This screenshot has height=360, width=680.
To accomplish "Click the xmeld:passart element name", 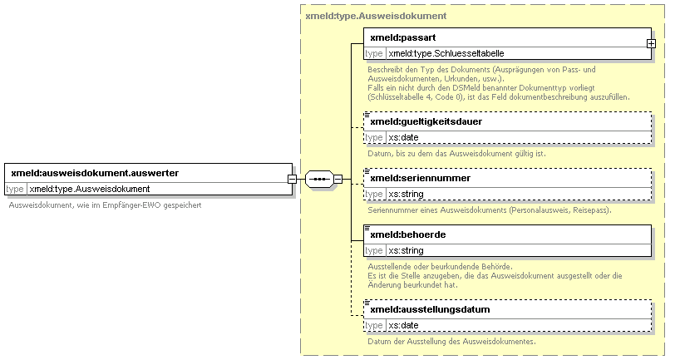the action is (403, 37).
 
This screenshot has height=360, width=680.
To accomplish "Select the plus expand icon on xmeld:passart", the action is (651, 44).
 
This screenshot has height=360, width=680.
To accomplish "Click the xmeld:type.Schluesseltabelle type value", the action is (446, 53).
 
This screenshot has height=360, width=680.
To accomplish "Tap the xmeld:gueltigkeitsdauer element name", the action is (426, 122).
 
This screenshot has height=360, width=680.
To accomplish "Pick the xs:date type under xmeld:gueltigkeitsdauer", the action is (403, 137).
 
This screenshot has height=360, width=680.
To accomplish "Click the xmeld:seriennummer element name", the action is (421, 178).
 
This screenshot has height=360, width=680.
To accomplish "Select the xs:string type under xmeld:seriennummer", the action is (406, 194).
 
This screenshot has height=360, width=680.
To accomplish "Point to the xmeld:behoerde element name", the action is (407, 234).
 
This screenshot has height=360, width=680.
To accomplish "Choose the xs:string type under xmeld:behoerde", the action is (406, 250).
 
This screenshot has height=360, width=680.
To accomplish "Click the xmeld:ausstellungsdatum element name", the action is (430, 309).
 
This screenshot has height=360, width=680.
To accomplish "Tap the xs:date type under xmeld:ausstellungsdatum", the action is (403, 325).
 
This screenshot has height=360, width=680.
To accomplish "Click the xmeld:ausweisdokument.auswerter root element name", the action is (95, 173).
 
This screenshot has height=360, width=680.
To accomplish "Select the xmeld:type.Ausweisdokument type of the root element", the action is (90, 189).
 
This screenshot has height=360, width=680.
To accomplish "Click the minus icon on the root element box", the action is (293, 179).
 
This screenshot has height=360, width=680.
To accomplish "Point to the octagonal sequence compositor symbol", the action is (319, 179).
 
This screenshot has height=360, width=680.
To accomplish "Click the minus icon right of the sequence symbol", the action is (338, 179).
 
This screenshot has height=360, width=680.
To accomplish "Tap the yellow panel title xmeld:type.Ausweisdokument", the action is (376, 16).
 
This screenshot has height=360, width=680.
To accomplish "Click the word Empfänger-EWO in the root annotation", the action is (132, 205).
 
